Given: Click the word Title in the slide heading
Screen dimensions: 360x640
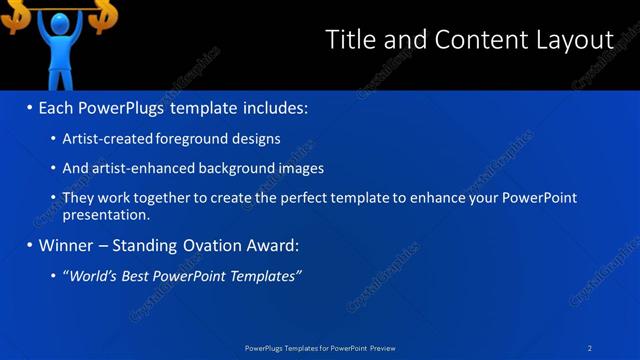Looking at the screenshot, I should (353, 40).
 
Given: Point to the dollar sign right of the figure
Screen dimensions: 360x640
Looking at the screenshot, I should (103, 15).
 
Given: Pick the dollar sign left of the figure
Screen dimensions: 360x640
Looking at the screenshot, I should (13, 15).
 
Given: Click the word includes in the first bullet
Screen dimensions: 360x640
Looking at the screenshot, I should (273, 107).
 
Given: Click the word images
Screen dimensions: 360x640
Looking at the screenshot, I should (302, 169).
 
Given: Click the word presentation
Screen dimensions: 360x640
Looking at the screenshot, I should (105, 214).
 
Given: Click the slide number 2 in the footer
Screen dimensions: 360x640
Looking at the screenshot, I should (590, 348).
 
